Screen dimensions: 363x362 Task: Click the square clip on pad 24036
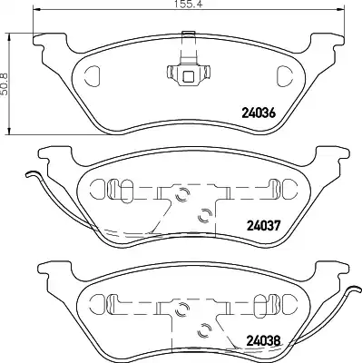pos(189,74)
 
